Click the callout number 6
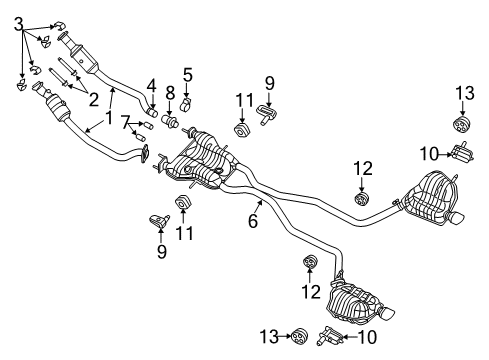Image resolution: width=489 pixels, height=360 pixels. click(x=253, y=221)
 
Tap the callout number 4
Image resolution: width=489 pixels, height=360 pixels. click(x=152, y=86)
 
